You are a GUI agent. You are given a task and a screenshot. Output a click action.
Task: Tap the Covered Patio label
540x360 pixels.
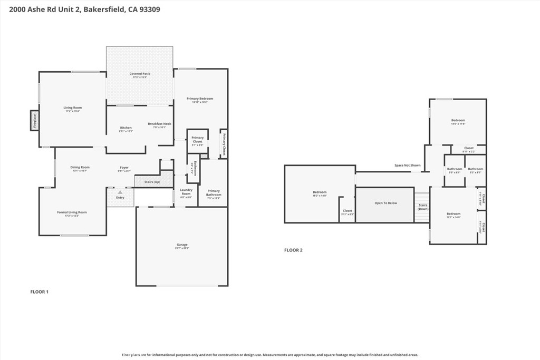(x=140, y=74)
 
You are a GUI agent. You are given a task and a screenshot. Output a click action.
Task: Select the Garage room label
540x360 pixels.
(x=182, y=245)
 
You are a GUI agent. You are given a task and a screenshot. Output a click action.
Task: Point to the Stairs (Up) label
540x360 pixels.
(x=152, y=182)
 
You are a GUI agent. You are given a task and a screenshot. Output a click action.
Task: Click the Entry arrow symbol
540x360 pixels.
(x=120, y=193)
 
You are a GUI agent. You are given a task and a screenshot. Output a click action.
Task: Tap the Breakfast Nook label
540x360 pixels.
(x=159, y=124)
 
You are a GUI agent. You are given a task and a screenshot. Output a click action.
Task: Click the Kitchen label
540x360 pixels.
(x=126, y=128)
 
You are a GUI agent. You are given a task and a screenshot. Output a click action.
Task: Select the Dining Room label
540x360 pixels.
(x=80, y=168)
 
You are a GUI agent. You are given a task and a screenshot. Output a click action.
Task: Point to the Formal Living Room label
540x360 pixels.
(x=72, y=212)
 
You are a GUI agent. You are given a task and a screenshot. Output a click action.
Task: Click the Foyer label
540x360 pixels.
(x=124, y=168)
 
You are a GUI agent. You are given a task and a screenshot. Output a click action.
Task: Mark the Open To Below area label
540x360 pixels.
(x=386, y=203)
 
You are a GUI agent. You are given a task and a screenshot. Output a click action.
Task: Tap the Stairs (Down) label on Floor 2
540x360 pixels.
(x=423, y=207)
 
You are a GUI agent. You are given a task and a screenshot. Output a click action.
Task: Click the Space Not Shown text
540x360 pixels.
(x=408, y=166)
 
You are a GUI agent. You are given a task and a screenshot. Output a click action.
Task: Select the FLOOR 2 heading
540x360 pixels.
(x=293, y=250)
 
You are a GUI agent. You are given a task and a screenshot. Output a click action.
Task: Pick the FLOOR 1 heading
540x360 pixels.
(x=40, y=291)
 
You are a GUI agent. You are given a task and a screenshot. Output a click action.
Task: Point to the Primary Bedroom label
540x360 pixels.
(x=200, y=99)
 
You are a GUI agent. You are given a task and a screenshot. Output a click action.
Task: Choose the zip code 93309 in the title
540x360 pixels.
(x=150, y=9)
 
